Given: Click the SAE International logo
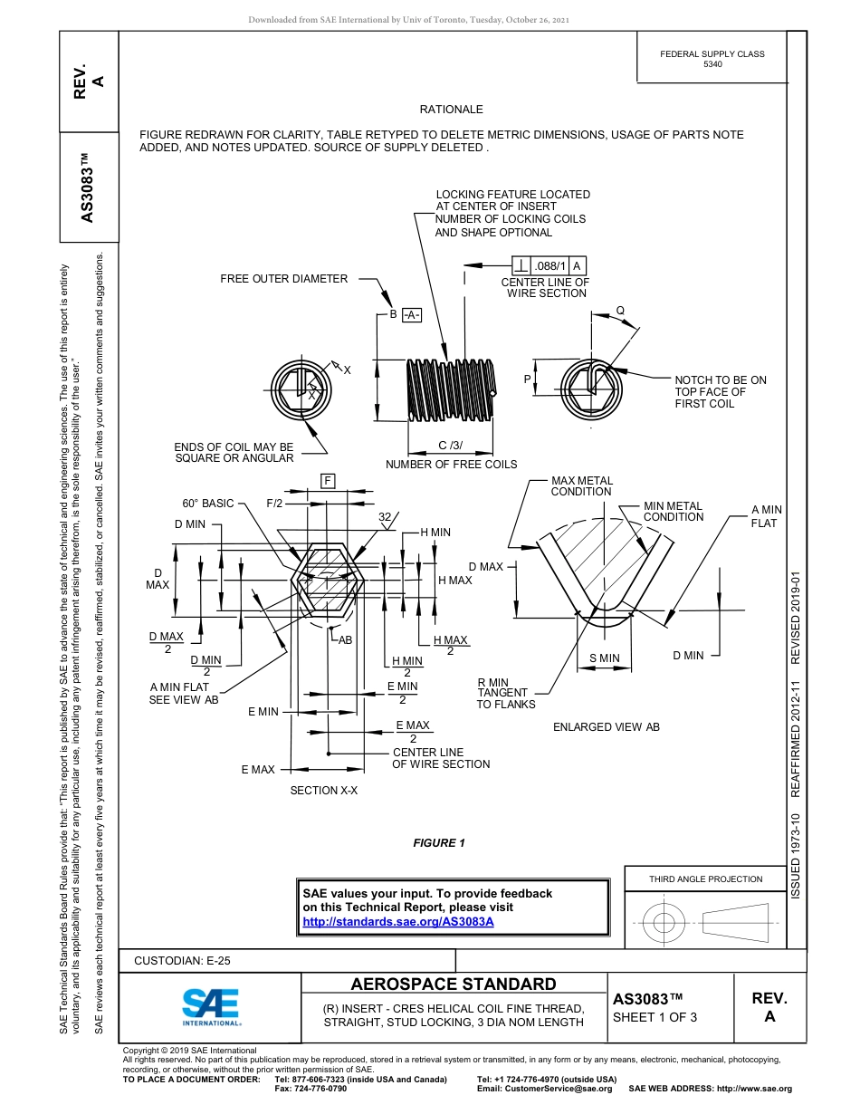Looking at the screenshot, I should tap(211, 1006).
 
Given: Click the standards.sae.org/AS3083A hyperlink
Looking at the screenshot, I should tap(397, 921).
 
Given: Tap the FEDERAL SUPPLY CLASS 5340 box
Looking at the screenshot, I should tap(712, 59).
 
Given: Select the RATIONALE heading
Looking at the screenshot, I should tap(451, 110).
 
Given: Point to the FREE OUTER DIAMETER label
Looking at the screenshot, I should tap(283, 279).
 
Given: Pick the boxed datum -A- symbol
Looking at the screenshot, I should tap(411, 314).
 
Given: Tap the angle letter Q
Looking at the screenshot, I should tap(620, 310).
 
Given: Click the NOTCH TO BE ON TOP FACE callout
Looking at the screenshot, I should tap(720, 392).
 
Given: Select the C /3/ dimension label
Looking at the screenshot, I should tap(450, 445).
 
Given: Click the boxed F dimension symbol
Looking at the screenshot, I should tap(328, 481).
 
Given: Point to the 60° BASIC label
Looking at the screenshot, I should tap(207, 504).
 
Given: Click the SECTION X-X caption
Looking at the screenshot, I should tap(323, 791).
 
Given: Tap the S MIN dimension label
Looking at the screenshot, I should tap(604, 658).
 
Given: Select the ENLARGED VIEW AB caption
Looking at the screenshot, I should tap(606, 727).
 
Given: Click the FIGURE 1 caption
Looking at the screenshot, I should tap(438, 843).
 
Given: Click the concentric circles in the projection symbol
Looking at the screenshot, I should tap(664, 923).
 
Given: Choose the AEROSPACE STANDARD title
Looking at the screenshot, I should tap(454, 984).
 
